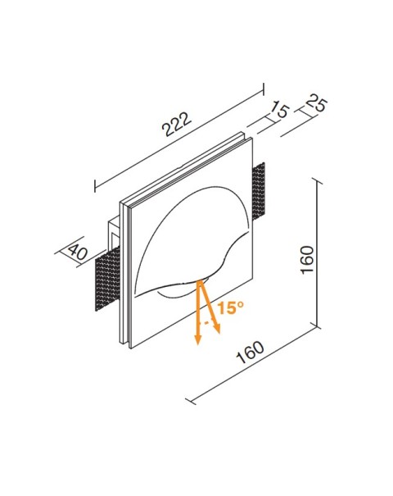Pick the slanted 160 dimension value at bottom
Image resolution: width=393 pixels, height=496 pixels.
pos(251,354)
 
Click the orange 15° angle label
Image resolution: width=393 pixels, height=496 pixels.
pos(230,307)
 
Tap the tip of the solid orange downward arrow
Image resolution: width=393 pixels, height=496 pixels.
pos(197,344)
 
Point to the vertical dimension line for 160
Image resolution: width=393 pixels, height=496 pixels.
pos(318,254)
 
